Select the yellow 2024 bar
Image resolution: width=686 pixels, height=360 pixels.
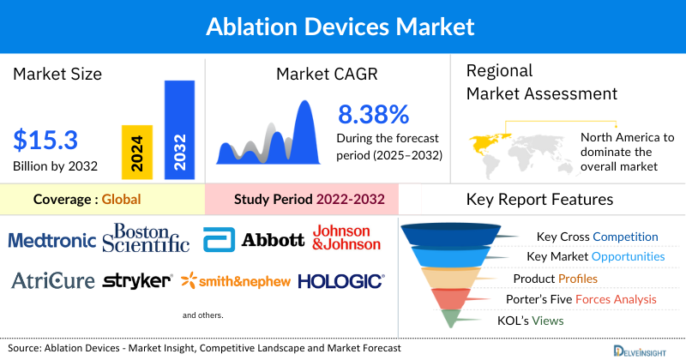tap(136, 150)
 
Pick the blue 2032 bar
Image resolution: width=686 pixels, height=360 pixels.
tap(179, 130)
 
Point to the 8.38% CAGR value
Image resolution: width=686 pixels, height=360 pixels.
tap(373, 114)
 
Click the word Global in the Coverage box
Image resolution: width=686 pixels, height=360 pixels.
tap(121, 200)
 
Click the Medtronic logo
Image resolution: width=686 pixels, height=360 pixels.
tap(52, 240)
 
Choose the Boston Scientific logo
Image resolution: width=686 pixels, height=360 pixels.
tap(146, 237)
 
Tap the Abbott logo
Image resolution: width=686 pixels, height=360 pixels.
tap(254, 240)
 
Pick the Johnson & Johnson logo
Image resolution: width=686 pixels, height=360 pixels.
tap(346, 237)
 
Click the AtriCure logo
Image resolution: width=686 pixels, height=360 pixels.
tap(52, 280)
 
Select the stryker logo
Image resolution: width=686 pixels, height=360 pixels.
tap(137, 280)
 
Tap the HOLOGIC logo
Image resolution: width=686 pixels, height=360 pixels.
tap(341, 280)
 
